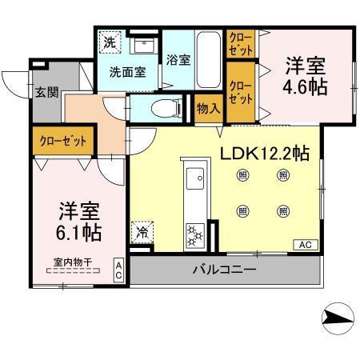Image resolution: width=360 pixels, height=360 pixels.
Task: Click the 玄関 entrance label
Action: [x=46, y=91]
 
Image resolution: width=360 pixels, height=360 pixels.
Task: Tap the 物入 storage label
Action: [x=210, y=107]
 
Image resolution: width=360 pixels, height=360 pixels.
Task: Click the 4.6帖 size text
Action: [x=306, y=86]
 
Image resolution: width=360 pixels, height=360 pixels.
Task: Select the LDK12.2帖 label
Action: [x=265, y=152]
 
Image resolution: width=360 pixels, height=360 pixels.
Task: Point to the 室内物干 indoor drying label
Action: [x=72, y=261]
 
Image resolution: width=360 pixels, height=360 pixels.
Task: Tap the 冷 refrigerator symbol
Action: [x=142, y=233]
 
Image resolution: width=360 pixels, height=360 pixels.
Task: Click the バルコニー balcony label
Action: [x=224, y=270]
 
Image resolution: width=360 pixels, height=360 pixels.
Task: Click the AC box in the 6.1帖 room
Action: [x=117, y=269]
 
